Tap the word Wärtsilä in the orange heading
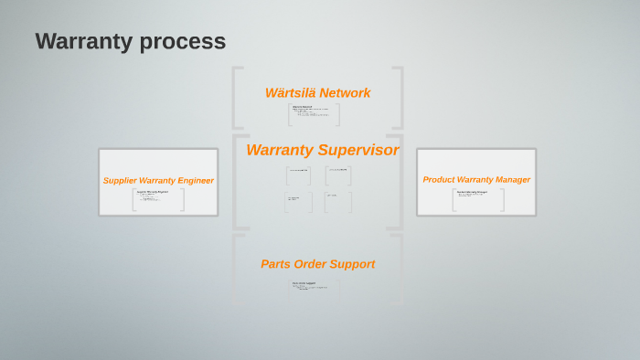(x=290, y=92)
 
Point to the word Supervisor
(x=358, y=150)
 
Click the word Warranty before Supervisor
(x=280, y=150)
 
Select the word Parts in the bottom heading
(x=275, y=264)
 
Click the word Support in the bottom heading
(x=354, y=264)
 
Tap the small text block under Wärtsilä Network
(x=313, y=114)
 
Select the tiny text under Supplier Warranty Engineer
(x=154, y=197)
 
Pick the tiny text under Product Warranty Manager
(x=475, y=196)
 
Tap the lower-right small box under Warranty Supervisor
(x=337, y=200)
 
